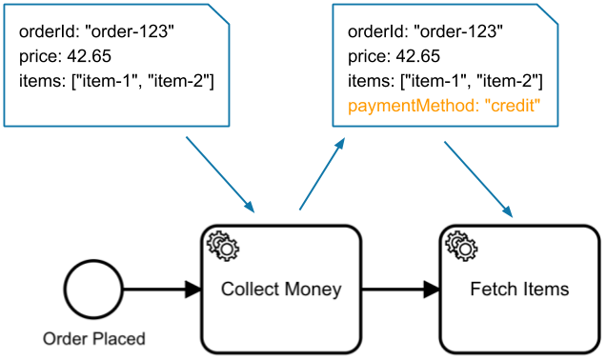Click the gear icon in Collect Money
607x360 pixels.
(223, 247)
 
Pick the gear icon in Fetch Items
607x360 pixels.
(461, 247)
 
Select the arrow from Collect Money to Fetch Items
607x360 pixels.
(400, 289)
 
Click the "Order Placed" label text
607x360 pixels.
(94, 338)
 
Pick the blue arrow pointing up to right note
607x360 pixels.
(321, 173)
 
